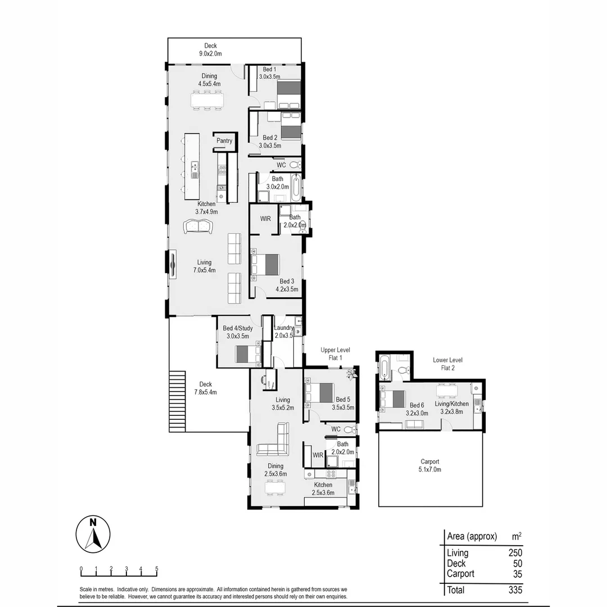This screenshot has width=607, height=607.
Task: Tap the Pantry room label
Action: point(224,141)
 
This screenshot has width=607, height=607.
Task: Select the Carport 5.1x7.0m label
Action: point(430,465)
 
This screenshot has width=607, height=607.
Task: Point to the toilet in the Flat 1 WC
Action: point(348,429)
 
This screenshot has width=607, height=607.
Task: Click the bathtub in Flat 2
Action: point(384,369)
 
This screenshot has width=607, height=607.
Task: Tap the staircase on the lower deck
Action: point(177,401)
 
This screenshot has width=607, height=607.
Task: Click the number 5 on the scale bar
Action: point(156,568)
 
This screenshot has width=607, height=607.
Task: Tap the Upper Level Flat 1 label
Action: point(332,354)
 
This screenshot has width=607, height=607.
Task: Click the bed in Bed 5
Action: point(320,392)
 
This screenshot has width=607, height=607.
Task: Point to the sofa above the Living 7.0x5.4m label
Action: point(198,227)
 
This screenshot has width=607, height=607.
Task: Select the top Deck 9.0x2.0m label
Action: point(211,50)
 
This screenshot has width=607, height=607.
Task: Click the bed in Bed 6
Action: point(393,398)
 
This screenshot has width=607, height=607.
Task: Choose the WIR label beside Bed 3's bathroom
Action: point(265,218)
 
